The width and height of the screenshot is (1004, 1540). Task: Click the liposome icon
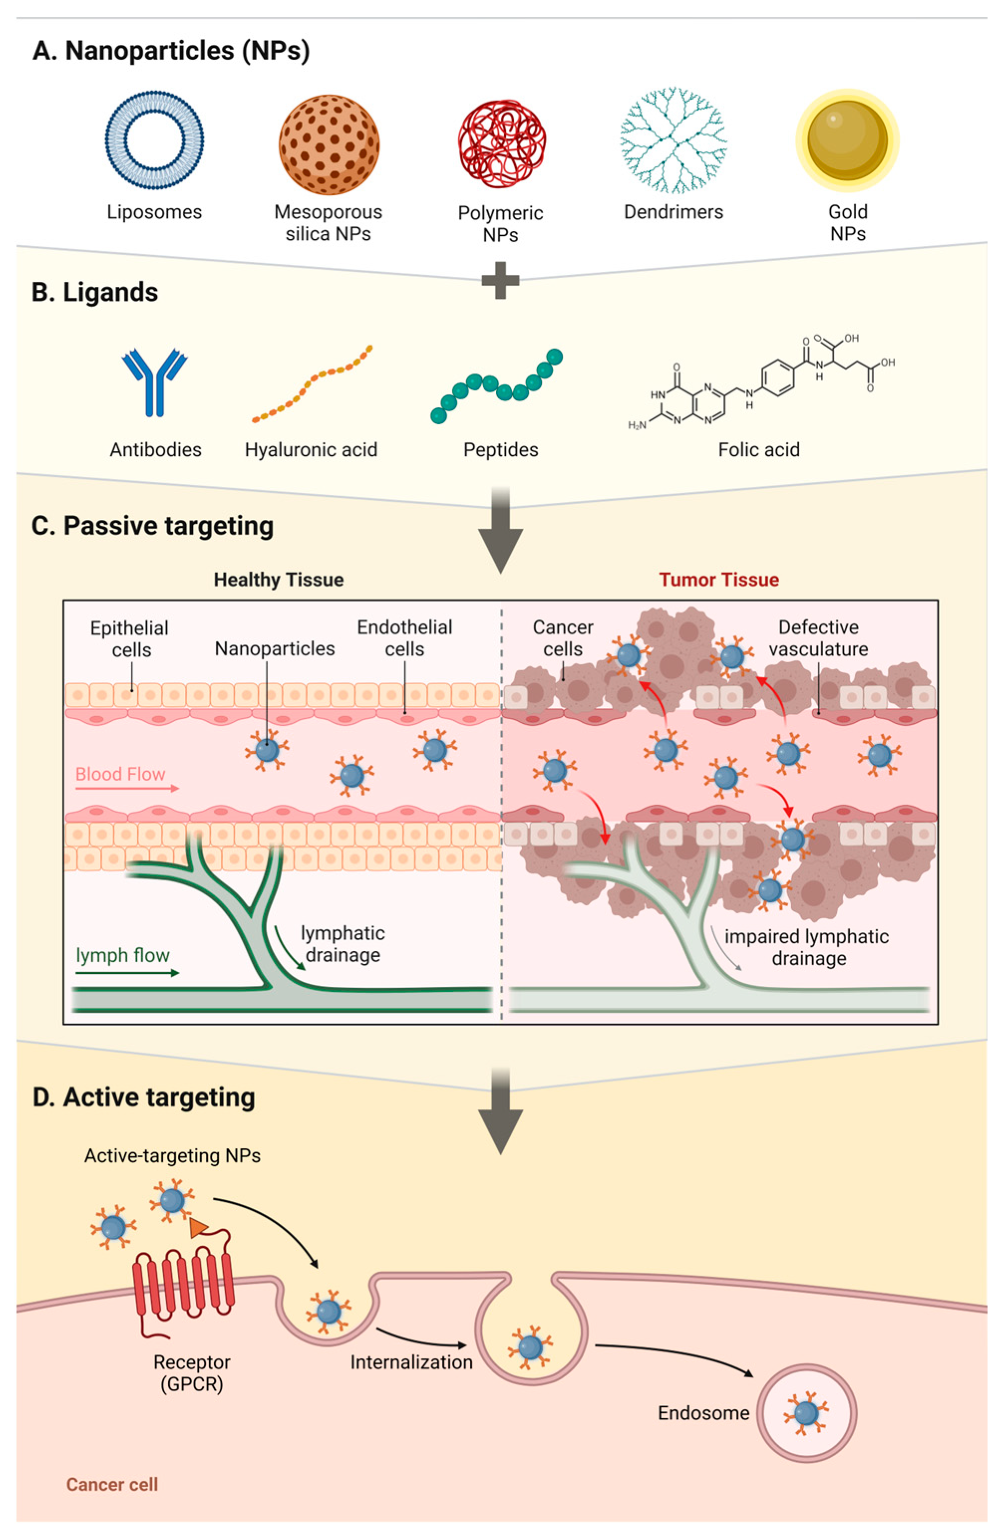[x=154, y=140]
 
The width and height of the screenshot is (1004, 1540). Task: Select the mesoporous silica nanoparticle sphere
[x=329, y=144]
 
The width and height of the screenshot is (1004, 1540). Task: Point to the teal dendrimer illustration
[x=673, y=140]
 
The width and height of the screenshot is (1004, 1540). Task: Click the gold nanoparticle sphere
[x=848, y=140]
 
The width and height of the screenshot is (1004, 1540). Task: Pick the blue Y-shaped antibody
[x=154, y=382]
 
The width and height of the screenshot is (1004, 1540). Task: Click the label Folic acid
[x=759, y=450]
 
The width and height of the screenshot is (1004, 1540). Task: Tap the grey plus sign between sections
[x=500, y=281]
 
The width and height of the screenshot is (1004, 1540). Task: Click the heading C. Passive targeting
[x=153, y=525]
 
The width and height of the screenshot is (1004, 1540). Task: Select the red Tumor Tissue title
[x=718, y=580]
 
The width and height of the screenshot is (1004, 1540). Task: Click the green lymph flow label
[x=123, y=955]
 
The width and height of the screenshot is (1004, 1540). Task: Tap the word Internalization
[x=411, y=1362]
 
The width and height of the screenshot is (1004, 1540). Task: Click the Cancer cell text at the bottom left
[x=112, y=1484]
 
